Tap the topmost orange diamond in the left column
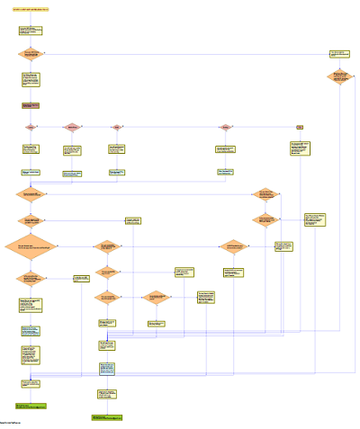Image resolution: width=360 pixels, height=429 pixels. point(31,54)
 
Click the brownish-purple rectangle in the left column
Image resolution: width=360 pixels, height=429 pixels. point(31,106)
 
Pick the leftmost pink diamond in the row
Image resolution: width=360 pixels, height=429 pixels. point(31,127)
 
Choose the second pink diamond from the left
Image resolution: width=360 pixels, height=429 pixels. point(72,127)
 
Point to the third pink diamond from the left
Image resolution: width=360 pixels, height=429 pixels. point(116,127)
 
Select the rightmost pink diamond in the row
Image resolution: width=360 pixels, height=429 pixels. point(226,127)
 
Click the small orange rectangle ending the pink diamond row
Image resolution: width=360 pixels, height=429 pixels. point(300,127)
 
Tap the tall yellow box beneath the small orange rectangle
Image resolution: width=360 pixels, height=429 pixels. point(300,148)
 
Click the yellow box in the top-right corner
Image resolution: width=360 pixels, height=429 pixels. point(338,54)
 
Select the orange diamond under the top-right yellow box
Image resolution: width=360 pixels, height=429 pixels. point(338,77)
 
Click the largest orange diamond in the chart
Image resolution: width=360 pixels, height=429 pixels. point(33,246)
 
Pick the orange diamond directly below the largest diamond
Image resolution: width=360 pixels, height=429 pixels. point(31,278)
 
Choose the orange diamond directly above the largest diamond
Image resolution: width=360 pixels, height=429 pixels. point(31,219)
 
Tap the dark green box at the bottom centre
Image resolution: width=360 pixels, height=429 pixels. point(106,417)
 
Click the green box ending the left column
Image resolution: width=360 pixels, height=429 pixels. point(30,407)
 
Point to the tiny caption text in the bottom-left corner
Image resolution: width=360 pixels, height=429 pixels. point(11,422)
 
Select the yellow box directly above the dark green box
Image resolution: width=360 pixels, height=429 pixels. point(106,394)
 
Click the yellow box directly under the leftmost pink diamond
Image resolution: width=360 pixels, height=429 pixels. point(31,148)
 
